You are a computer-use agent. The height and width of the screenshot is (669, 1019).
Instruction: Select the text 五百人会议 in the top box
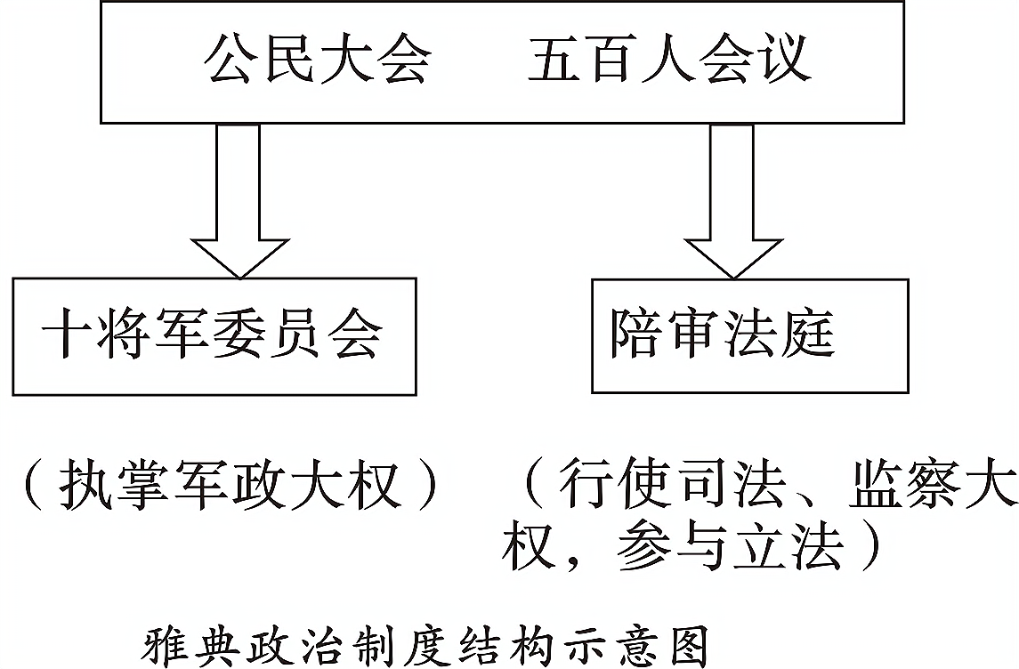click(669, 60)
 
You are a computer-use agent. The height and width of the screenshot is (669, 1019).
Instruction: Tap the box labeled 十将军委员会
click(214, 335)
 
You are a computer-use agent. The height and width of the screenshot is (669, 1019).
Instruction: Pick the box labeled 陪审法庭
click(749, 335)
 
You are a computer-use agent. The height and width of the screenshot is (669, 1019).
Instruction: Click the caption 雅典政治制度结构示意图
click(425, 647)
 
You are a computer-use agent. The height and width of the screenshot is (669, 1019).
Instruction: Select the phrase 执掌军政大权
click(227, 485)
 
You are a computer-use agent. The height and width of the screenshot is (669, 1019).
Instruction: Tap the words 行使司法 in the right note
click(674, 485)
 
